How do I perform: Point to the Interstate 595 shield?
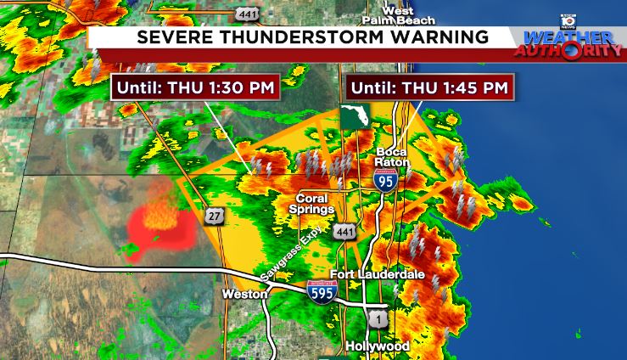[x=322, y=290]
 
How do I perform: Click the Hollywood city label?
[x=378, y=346]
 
